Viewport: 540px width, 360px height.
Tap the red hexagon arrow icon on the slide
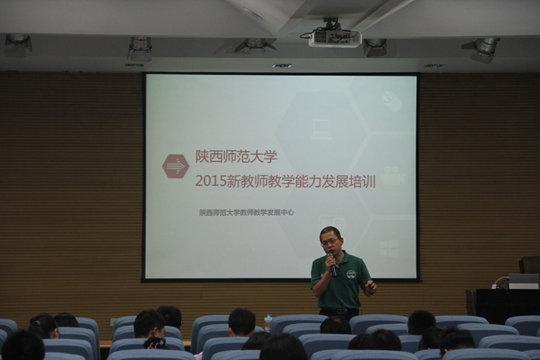176,166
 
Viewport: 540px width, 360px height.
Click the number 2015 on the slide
210,182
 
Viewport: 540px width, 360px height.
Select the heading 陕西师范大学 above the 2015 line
236,157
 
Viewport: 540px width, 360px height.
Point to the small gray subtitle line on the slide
246,213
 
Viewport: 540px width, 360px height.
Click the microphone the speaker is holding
331,264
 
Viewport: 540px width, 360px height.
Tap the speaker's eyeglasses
330,242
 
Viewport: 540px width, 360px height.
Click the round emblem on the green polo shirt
350,275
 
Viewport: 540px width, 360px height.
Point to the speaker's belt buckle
340,312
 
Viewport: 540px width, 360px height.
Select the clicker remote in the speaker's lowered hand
369,284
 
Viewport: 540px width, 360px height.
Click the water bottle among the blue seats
268,323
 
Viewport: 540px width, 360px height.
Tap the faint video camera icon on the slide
394,176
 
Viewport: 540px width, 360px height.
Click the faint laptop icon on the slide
322,130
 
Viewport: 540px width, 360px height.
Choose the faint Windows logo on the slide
389,249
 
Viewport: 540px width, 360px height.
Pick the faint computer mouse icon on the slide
392,101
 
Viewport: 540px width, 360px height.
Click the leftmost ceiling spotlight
17,45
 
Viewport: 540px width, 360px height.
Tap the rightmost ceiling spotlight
481,50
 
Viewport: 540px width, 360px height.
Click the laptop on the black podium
524,281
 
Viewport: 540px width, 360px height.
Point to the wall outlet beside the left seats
112,322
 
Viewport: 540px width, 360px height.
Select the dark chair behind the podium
529,265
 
